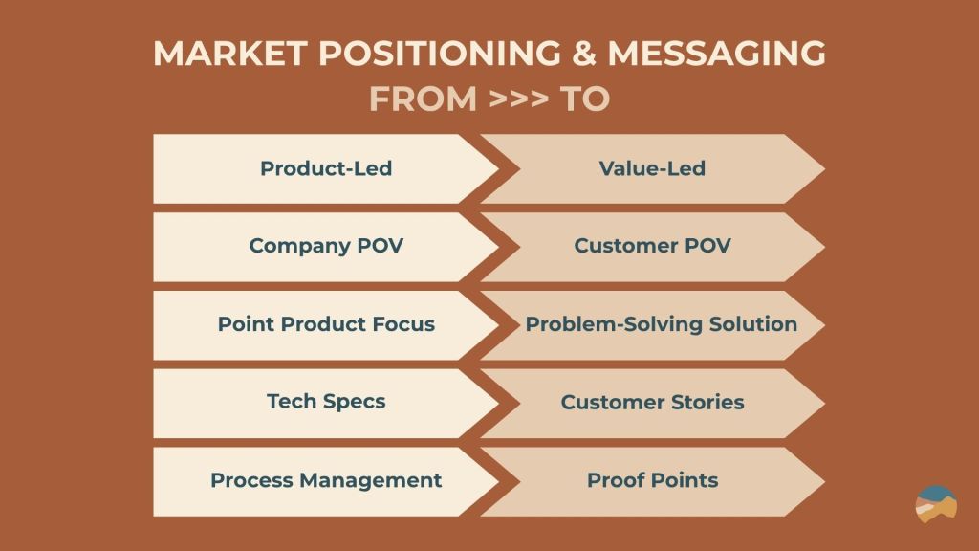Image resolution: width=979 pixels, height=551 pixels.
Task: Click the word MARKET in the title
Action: coord(229,54)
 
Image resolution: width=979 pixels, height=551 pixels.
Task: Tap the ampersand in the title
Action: coord(584,54)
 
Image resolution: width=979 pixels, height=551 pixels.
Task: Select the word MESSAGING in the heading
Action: coord(717,54)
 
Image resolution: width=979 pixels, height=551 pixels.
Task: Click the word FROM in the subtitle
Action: coord(424,99)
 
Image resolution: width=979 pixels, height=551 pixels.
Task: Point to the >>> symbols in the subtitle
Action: coord(519,99)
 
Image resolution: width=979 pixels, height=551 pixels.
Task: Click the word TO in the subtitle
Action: coord(584,99)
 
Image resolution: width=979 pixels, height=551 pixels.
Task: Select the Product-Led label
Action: coord(326,168)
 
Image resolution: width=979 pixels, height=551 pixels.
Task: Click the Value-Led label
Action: coord(652,168)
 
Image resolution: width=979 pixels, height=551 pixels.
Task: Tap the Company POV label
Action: coord(326,246)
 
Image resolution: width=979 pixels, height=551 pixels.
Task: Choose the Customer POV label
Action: coord(652,246)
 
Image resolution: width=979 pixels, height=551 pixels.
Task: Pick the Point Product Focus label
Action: coord(326,323)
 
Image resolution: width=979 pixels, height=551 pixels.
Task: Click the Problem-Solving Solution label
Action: coord(662,324)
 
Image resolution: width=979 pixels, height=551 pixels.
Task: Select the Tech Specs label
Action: coord(326,401)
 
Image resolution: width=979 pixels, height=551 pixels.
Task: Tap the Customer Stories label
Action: coord(652,402)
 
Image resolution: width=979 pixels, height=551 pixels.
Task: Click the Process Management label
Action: coord(326,480)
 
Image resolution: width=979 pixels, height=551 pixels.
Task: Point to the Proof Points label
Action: coord(652,480)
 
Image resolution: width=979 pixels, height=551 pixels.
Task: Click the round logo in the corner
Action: coord(936,504)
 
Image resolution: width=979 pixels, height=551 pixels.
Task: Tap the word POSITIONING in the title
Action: coord(440,54)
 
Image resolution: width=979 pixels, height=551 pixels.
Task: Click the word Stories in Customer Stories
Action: coord(707,402)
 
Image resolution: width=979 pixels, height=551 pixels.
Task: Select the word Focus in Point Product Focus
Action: coord(403,323)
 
